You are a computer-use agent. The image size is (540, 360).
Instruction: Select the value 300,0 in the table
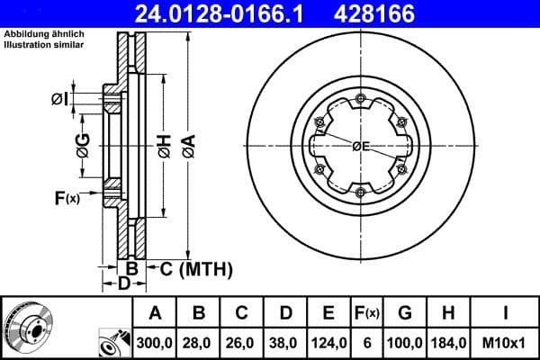point(155,342)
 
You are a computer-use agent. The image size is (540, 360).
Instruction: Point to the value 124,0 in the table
point(329,342)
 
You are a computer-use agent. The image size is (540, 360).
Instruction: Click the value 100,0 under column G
point(405,342)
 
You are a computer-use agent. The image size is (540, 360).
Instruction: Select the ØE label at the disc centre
point(362,146)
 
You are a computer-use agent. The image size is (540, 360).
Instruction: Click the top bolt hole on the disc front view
point(360,98)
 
